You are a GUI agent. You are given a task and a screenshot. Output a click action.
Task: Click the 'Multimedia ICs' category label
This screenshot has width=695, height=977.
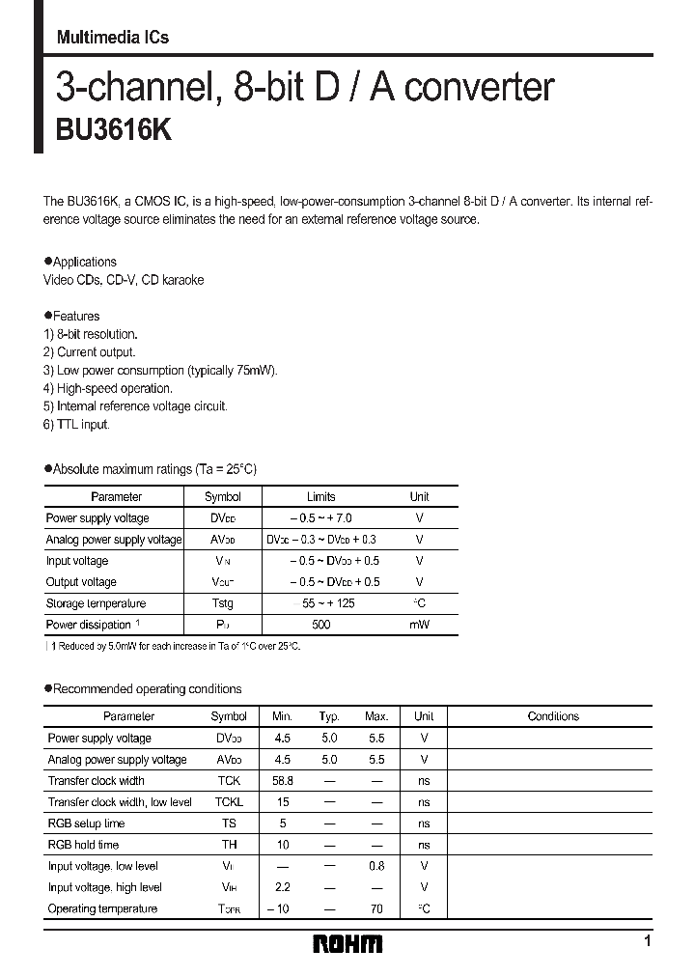tap(113, 38)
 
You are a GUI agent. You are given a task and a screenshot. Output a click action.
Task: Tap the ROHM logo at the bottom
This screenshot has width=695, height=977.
tap(347, 943)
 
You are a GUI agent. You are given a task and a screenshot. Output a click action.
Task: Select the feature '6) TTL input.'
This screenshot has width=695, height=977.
tap(77, 425)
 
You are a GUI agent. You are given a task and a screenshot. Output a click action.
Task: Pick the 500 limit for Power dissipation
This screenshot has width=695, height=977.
tap(320, 625)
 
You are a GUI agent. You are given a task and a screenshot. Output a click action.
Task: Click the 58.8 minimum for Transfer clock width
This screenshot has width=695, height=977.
tap(282, 781)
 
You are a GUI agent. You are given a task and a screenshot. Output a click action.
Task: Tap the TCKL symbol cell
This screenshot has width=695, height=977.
tap(229, 802)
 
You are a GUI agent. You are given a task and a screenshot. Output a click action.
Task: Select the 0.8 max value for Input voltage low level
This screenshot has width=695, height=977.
tap(375, 866)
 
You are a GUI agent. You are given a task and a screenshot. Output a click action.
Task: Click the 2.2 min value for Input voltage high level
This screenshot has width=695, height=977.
tap(282, 887)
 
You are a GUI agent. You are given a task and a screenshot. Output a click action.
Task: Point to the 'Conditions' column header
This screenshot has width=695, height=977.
tap(553, 716)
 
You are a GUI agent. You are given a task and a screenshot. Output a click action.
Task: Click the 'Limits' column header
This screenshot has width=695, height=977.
tap(320, 497)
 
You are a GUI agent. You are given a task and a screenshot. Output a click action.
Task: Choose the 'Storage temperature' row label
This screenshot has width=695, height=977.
tap(96, 603)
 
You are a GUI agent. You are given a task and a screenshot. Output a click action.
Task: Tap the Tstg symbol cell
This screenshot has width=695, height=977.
tap(223, 603)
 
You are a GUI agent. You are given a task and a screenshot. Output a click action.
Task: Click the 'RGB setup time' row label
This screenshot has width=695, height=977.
tap(86, 823)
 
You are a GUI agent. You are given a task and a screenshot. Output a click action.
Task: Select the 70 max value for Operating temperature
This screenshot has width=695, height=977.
tap(375, 908)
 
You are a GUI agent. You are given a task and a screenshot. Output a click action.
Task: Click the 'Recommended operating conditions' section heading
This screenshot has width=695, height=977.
tap(147, 689)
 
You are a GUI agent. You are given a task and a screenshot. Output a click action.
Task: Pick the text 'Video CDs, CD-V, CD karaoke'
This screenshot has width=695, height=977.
tap(124, 280)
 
